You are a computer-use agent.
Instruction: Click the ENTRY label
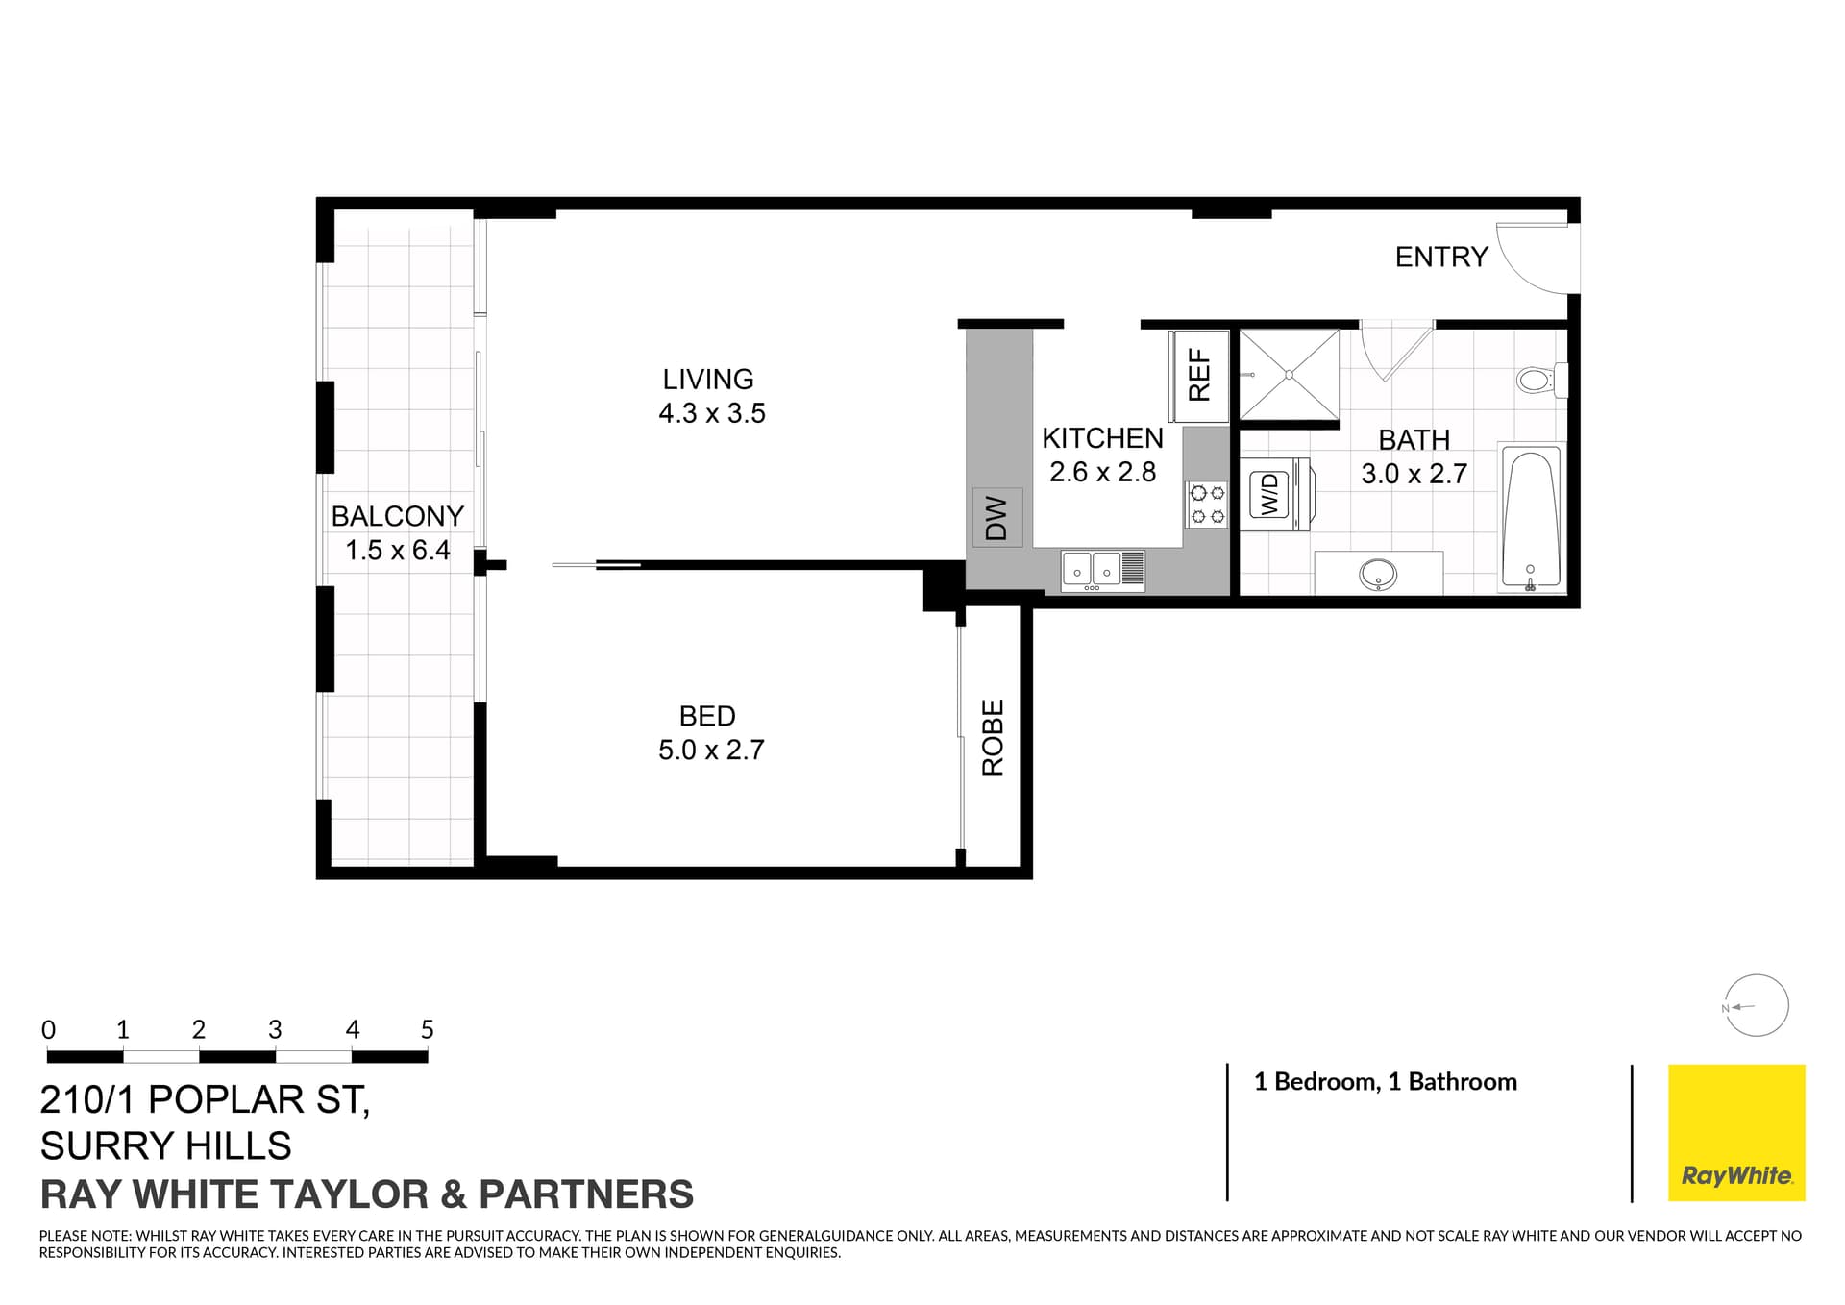click(x=1440, y=257)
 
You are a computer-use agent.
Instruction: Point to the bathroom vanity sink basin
click(x=1378, y=575)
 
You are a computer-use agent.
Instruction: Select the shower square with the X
click(x=1289, y=374)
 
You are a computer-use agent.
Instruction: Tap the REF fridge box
click(x=1198, y=376)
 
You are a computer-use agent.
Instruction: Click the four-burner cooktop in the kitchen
click(x=1207, y=505)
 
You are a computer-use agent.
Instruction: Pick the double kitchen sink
click(x=1102, y=571)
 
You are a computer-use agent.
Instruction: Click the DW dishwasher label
click(x=996, y=518)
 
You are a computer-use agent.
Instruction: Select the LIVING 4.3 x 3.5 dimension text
click(x=711, y=413)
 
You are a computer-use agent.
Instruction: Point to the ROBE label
click(x=992, y=737)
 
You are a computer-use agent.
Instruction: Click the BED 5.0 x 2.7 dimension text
click(x=711, y=750)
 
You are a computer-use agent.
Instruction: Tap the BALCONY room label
click(x=397, y=516)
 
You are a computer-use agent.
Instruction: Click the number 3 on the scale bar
click(x=275, y=1030)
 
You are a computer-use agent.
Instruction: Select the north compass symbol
click(x=1756, y=1006)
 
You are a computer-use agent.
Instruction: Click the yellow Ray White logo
click(x=1735, y=1132)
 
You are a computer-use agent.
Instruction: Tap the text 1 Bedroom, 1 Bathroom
click(x=1385, y=1082)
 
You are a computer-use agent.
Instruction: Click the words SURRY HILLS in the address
click(x=165, y=1145)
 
